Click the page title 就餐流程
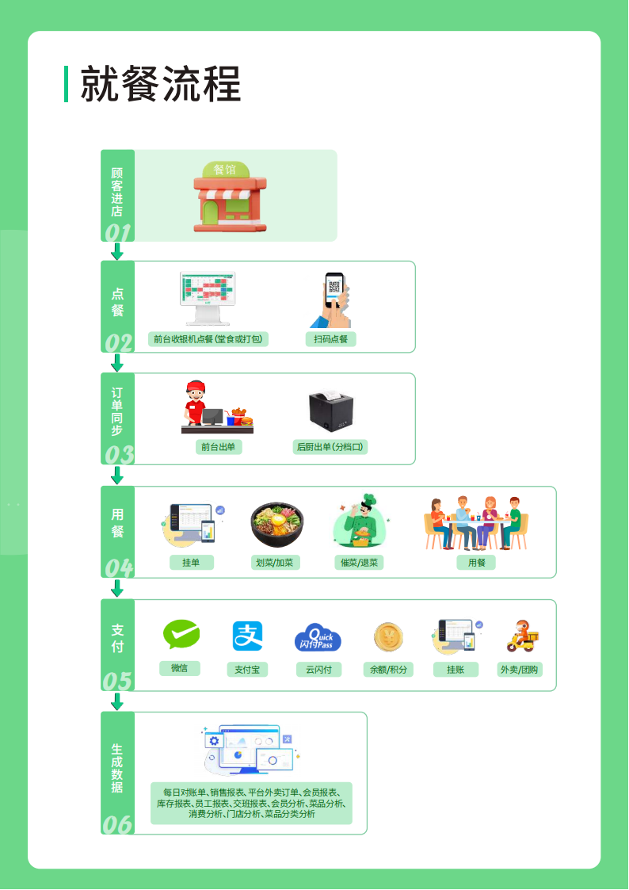pyautogui.click(x=161, y=84)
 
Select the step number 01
pyautogui.click(x=118, y=232)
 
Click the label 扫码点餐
pyautogui.click(x=331, y=339)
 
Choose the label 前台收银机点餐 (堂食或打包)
pyautogui.click(x=208, y=339)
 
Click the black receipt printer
pyautogui.click(x=330, y=410)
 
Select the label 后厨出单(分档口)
pyautogui.click(x=330, y=447)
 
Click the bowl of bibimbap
pyautogui.click(x=276, y=525)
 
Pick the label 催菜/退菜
pyautogui.click(x=359, y=563)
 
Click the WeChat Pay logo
pyautogui.click(x=181, y=635)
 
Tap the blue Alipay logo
pyautogui.click(x=247, y=636)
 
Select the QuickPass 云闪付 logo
pyautogui.click(x=318, y=638)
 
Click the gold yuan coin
pyautogui.click(x=388, y=636)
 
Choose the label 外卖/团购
pyautogui.click(x=520, y=670)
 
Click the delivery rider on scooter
pyautogui.click(x=522, y=636)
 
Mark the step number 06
pyautogui.click(x=118, y=824)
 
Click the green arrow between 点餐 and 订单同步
pyautogui.click(x=118, y=363)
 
